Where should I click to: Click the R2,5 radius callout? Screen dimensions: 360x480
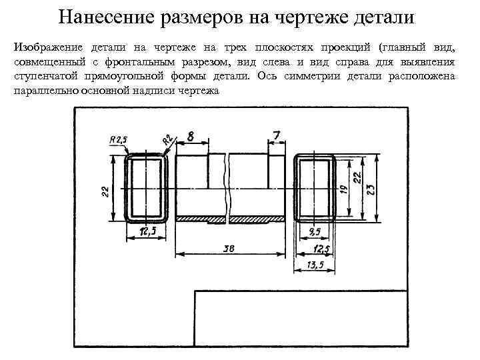(117, 139)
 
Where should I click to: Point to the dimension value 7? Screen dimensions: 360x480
(276, 135)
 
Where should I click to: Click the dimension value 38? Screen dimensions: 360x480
(229, 249)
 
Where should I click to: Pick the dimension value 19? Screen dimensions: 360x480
(344, 189)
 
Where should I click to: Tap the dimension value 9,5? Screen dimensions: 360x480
(315, 231)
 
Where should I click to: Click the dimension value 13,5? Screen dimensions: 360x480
(316, 265)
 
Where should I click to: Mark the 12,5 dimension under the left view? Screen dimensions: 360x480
(148, 231)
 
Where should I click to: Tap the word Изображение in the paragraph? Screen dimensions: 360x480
(46, 47)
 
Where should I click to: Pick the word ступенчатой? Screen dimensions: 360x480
(47, 76)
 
